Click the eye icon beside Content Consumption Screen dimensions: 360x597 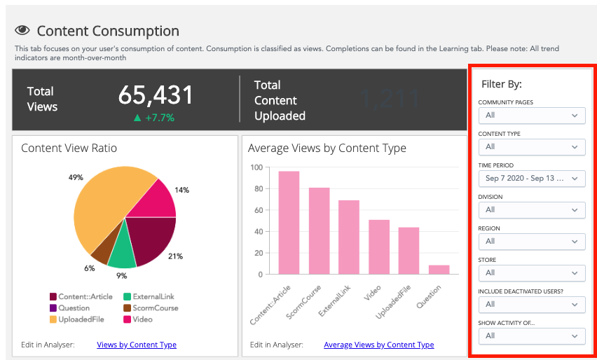tap(22, 31)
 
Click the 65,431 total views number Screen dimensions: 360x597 tap(155, 95)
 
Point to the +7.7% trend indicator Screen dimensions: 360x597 tap(155, 117)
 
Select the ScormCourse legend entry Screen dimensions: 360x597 tap(151, 308)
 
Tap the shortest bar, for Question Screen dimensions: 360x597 tap(439, 270)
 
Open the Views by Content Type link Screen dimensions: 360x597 tap(137, 345)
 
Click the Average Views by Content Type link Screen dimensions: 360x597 tap(378, 345)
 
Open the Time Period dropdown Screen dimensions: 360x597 tap(532, 179)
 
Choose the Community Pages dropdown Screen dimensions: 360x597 tap(532, 116)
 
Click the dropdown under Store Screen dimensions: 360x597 tap(532, 273)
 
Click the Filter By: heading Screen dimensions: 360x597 tap(502, 84)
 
